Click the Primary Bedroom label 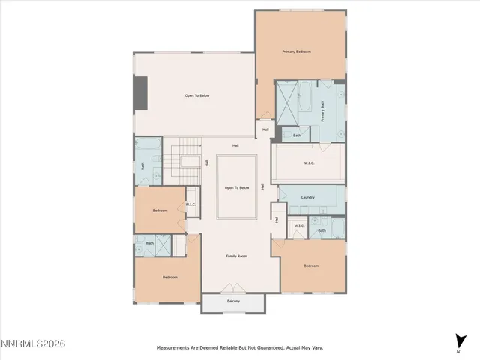point(296,52)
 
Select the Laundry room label point(307,198)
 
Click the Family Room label point(237,256)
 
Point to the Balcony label point(233,301)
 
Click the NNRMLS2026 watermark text point(34,343)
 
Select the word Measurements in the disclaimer point(175,348)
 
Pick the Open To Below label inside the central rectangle point(237,187)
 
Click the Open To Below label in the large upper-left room point(197,95)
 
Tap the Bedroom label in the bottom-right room point(311,266)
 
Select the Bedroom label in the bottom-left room point(170,277)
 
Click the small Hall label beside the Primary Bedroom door point(265,130)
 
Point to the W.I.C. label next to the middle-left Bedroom point(190,205)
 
